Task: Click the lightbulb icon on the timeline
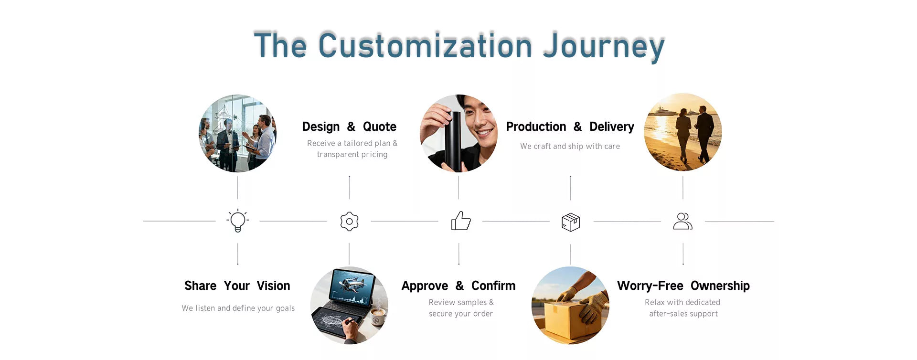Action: pos(238,221)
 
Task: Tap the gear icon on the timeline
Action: pos(349,222)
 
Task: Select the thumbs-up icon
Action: pos(461,221)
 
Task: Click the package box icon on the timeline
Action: pos(571,222)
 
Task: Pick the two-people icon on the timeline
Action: pos(682,221)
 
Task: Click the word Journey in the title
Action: pos(604,46)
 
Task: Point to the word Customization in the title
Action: pos(425,45)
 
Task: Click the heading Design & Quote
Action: pos(349,127)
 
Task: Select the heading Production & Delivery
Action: pos(570,127)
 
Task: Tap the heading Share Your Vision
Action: pos(237,286)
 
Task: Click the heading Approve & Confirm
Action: pos(458,286)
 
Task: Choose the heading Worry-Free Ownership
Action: pos(683,286)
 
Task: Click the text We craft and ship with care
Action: pos(570,146)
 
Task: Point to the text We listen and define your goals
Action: pos(238,308)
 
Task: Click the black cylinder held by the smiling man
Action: pos(453,141)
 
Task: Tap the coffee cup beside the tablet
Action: pos(378,316)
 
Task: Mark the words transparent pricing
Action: pos(352,154)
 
